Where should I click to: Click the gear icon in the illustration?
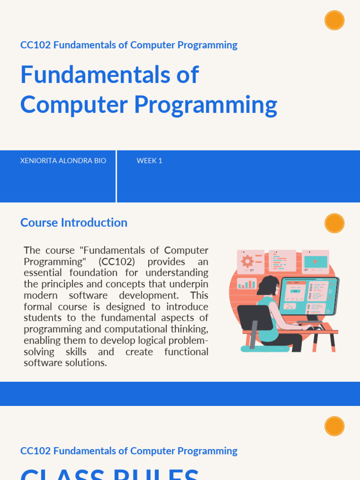point(247,261)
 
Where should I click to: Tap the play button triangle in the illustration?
point(315,262)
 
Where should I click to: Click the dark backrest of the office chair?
point(255,317)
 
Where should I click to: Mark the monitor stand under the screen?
point(313,319)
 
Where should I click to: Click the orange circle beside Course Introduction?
point(334,223)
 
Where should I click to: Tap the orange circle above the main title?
point(334,20)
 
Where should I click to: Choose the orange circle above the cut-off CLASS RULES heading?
point(334,426)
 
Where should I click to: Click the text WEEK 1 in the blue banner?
point(149,161)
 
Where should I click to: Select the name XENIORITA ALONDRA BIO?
point(63,161)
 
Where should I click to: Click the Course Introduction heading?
point(74,223)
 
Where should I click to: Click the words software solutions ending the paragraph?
point(65,363)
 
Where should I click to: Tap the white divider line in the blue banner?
point(116,176)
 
